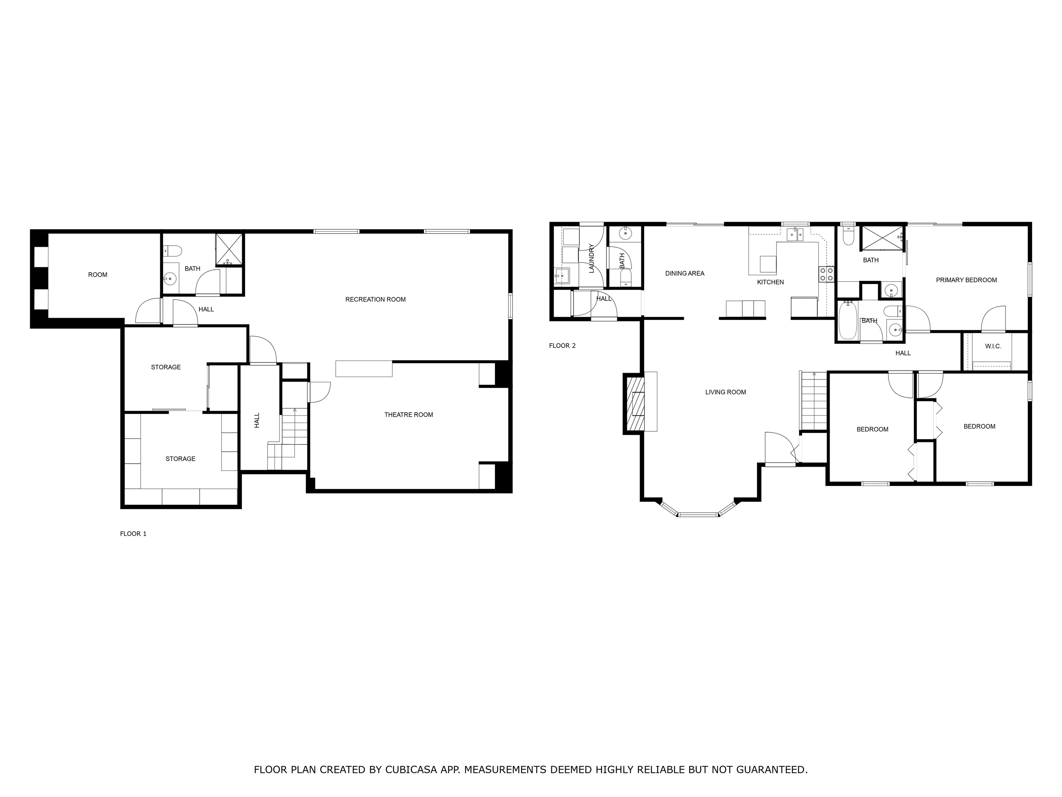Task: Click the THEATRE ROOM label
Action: point(409,415)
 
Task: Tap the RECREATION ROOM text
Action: point(375,299)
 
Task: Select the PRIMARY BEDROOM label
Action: point(967,280)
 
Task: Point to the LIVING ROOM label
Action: point(725,392)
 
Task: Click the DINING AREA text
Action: point(684,273)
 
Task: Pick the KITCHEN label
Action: point(771,282)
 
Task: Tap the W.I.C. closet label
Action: point(993,346)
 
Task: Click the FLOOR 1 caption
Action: point(133,534)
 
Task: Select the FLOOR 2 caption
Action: point(562,346)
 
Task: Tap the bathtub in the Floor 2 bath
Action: point(848,320)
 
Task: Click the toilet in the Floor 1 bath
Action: point(173,250)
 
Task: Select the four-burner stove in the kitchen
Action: point(826,274)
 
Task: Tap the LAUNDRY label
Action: point(591,258)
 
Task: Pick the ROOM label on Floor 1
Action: point(97,275)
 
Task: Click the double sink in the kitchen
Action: point(795,235)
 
